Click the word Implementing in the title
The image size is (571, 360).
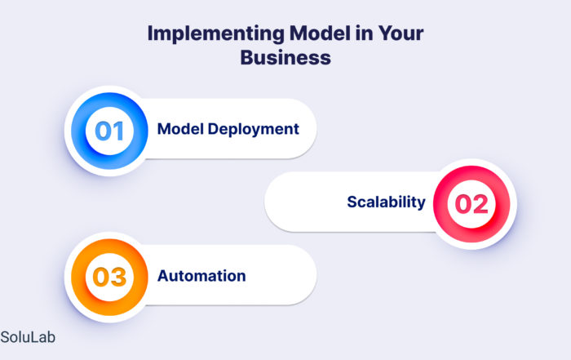coord(216,34)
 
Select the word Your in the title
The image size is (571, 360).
coord(401,33)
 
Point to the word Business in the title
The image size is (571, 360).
coord(285,58)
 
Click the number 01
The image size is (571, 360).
coord(109,131)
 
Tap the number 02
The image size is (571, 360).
coord(471,204)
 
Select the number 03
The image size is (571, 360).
coord(109,277)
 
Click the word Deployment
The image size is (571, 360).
coord(254,130)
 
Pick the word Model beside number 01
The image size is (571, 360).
coord(180,129)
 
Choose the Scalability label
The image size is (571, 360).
coord(386,202)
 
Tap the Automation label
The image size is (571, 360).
coord(201,276)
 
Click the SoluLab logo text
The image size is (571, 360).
coord(28,337)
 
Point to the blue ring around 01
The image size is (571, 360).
coord(78,131)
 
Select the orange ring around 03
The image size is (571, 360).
coord(78,277)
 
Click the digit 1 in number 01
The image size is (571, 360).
coord(118,131)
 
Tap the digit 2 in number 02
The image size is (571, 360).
coord(480,204)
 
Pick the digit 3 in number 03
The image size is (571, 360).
coord(118,277)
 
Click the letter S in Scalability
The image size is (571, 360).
coord(352,202)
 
